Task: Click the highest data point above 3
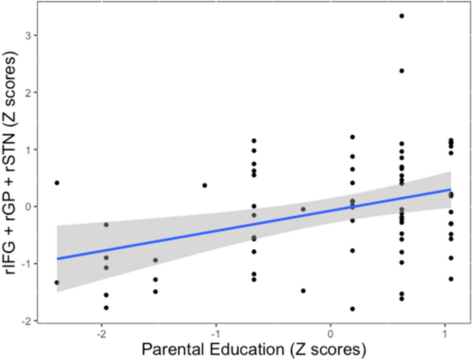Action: [402, 15]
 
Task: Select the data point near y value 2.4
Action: [402, 70]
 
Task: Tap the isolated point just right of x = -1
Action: [205, 185]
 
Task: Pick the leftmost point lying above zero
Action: [57, 182]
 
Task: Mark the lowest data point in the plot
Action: [353, 309]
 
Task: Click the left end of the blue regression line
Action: [57, 259]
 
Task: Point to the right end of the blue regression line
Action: [451, 189]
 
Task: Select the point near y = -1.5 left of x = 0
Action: [303, 290]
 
